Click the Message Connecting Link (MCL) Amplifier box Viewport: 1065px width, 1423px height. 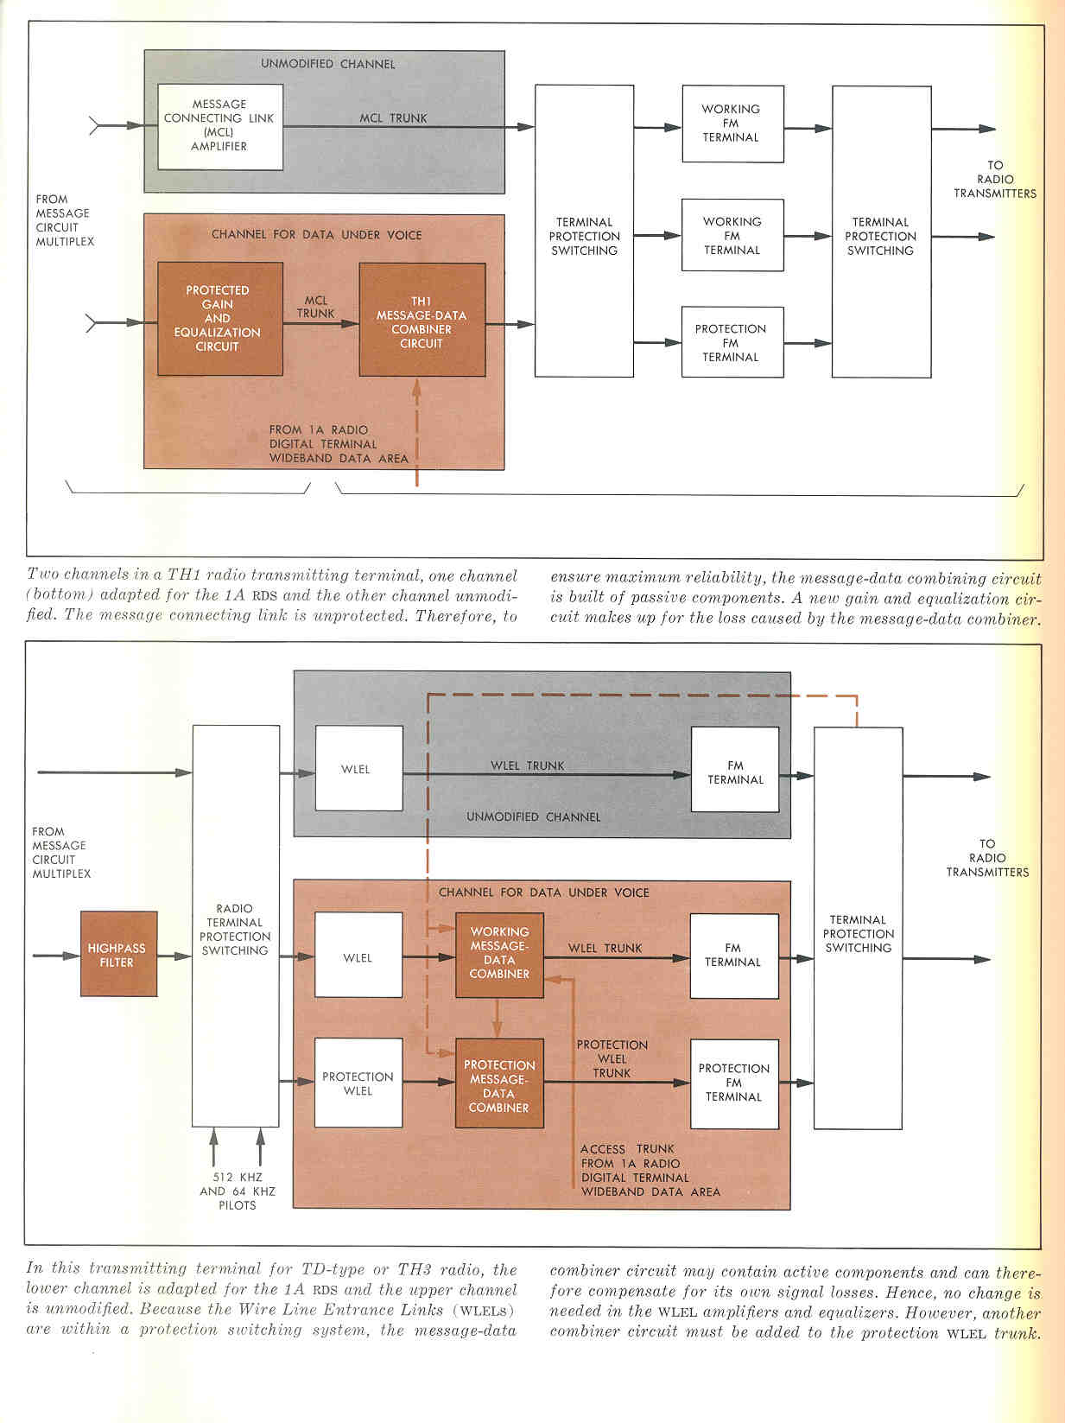tap(220, 126)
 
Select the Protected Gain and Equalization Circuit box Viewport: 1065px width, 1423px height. tap(220, 318)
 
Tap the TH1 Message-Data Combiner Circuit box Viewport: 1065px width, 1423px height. tap(422, 320)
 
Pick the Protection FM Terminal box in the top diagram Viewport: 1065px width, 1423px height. tap(732, 342)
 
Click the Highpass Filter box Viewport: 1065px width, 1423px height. tap(118, 954)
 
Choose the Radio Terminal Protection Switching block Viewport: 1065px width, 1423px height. tap(236, 925)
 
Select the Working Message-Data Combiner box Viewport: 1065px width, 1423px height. tap(499, 955)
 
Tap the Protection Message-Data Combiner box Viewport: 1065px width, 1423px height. tap(499, 1083)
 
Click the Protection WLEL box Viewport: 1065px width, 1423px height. tap(358, 1083)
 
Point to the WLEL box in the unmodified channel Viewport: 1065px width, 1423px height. tap(359, 768)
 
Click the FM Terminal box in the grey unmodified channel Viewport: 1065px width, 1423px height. tap(735, 770)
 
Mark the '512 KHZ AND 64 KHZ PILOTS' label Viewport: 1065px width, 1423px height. tap(237, 1191)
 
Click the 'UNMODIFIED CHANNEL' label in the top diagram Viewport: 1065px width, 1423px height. tap(328, 64)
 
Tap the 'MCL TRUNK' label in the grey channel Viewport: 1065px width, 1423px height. tap(393, 118)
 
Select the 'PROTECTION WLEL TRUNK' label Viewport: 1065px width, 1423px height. tap(612, 1058)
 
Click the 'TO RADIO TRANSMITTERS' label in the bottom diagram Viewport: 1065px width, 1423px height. tap(987, 858)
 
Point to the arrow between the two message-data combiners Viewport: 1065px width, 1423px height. tap(497, 1018)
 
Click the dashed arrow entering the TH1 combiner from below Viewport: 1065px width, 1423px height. tap(416, 432)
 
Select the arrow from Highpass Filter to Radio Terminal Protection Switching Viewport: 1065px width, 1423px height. tap(174, 956)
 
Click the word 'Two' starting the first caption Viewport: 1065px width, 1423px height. tap(43, 575)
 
